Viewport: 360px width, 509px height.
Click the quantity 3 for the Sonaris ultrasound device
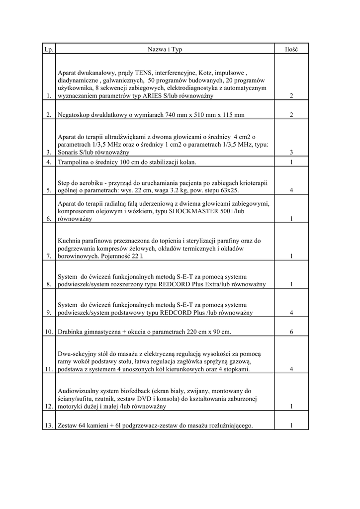(291, 152)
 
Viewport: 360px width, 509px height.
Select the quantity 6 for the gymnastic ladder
(291, 332)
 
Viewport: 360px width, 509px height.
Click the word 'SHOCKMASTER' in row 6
(195, 211)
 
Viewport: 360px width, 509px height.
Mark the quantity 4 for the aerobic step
(291, 190)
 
